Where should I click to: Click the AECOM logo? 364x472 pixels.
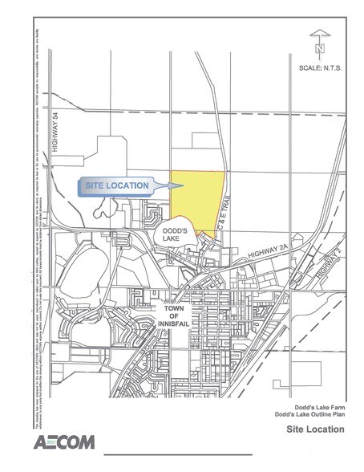[64, 442]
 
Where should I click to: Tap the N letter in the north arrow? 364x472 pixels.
[319, 48]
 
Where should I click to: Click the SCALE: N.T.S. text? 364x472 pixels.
[321, 67]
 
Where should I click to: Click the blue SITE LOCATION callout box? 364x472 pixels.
[115, 185]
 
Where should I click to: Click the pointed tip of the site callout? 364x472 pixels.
[170, 186]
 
